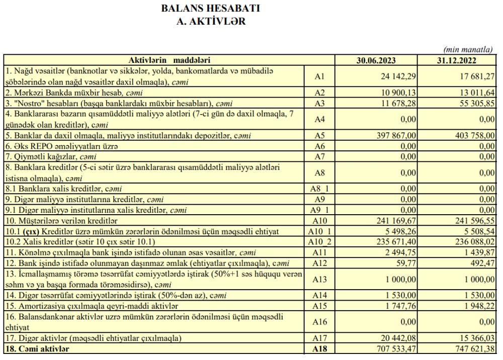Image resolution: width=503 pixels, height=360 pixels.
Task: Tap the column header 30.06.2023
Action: [x=376, y=60]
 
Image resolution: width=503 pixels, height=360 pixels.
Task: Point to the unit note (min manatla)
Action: [x=468, y=50]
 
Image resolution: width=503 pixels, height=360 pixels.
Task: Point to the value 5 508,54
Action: [x=475, y=231]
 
